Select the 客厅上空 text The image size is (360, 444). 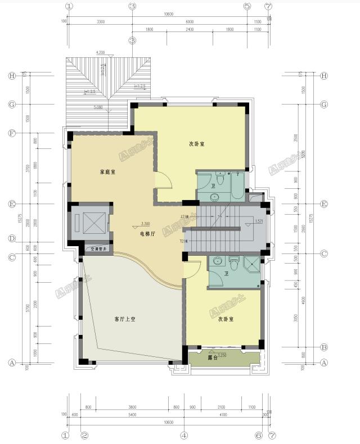pos(126,319)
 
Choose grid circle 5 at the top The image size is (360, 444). pos(246,6)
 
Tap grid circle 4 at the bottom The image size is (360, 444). pos(183,435)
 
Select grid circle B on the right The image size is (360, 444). pos(323,347)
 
